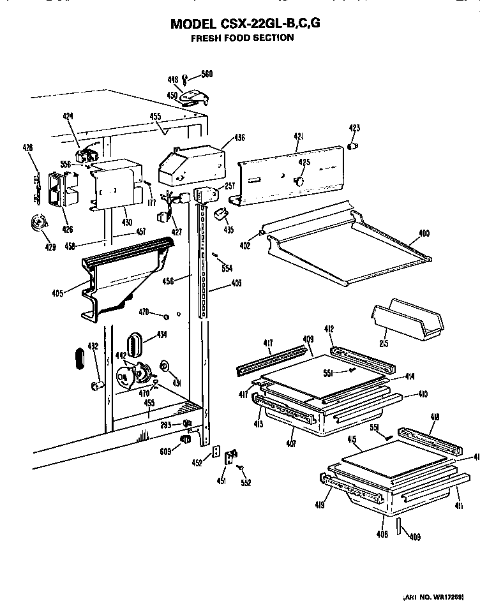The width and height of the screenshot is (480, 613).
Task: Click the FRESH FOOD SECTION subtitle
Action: point(243,38)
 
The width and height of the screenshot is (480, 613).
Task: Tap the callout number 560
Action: point(206,74)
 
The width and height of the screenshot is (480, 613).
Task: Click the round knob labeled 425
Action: point(298,182)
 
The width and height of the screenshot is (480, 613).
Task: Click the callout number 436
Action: point(239,137)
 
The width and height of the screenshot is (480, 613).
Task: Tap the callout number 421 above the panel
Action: point(297,136)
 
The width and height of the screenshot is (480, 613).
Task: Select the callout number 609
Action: point(166,454)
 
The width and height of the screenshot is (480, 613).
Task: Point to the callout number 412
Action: point(329,329)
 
